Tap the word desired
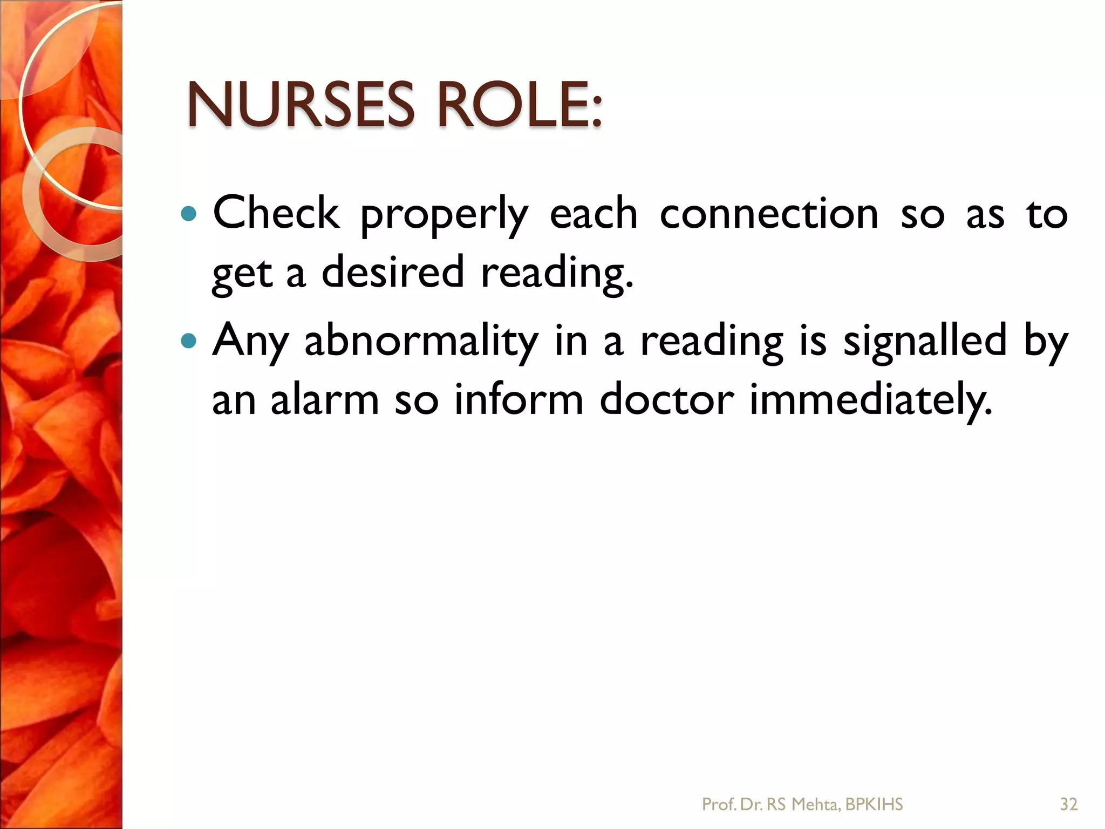(x=392, y=272)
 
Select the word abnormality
(x=421, y=342)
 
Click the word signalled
(x=925, y=341)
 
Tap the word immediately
(x=871, y=400)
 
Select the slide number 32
(x=1069, y=805)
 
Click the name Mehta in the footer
(x=815, y=805)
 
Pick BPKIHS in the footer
(x=874, y=805)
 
